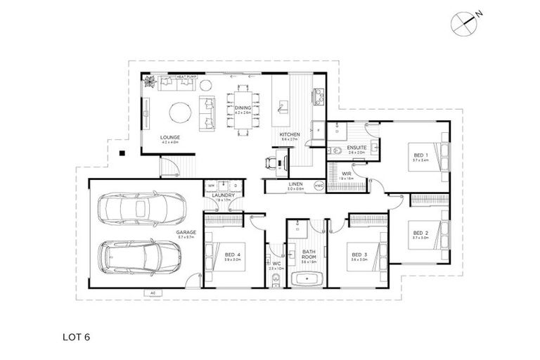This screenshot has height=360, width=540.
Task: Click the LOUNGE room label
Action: [x=169, y=137]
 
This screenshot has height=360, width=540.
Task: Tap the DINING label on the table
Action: [x=243, y=108]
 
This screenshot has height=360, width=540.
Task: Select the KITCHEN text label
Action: [x=290, y=134]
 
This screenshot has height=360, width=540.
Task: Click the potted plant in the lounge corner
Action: [x=150, y=82]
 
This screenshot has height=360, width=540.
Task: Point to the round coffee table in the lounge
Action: [x=181, y=112]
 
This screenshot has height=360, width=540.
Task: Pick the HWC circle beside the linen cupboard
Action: [x=318, y=186]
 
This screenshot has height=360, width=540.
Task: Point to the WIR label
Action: [x=347, y=173]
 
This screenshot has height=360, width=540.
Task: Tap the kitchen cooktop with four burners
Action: [x=318, y=92]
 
